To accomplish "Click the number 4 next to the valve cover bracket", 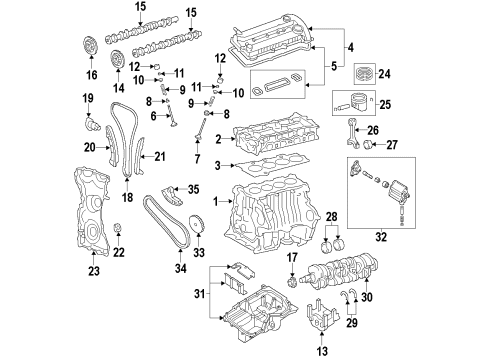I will tap(350, 46).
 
